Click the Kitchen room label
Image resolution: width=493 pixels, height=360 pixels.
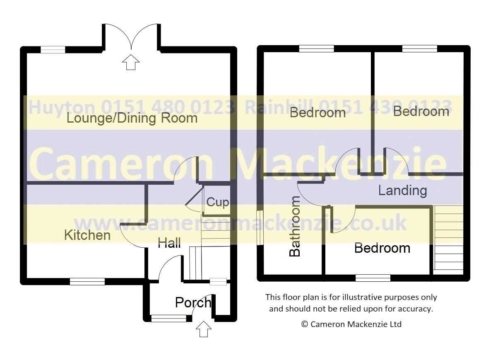point(87,235)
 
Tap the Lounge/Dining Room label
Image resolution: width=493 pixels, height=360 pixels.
point(132,118)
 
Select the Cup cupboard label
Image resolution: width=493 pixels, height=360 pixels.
point(218,202)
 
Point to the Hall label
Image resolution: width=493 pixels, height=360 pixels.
point(169,243)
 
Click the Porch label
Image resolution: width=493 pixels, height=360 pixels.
point(193,302)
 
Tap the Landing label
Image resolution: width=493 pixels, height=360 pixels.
point(402,191)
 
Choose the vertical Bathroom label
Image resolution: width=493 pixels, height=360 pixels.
point(295,226)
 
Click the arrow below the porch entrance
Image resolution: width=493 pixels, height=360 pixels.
point(203,329)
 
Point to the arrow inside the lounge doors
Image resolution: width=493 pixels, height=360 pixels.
point(131,62)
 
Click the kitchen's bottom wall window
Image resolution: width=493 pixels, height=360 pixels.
point(87,281)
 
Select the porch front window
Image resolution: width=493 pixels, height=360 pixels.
point(169,319)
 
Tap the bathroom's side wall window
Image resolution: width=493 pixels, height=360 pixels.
point(260,227)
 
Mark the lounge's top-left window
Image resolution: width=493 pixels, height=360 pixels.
point(53,50)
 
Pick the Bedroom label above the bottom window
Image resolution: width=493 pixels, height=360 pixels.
point(382,248)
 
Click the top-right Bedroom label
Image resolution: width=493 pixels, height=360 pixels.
point(421,111)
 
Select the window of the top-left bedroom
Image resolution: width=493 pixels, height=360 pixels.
point(316,48)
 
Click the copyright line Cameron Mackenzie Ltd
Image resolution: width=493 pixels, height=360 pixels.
point(351,324)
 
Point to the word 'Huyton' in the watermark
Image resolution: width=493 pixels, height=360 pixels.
point(62,107)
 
